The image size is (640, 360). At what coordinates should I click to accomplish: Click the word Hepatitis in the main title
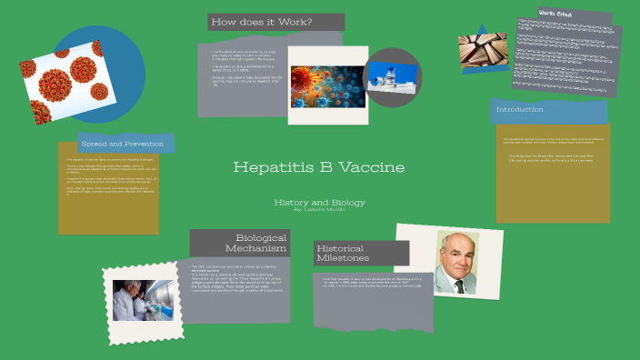point(264,168)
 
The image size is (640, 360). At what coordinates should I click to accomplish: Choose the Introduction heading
point(519,110)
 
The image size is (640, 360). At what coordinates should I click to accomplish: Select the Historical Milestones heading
point(341,253)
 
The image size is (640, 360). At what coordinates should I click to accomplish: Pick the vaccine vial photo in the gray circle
point(393,75)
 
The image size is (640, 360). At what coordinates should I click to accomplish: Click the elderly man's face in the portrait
point(458,253)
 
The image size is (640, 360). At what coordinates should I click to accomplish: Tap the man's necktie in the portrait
point(459,285)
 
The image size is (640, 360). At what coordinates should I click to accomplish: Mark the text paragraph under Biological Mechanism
point(239,281)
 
